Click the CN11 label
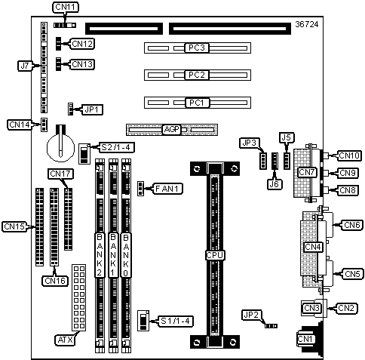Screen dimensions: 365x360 (66, 7)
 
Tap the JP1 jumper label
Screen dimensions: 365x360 (91, 109)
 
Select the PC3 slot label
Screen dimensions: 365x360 (197, 48)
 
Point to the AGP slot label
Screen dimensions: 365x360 (172, 130)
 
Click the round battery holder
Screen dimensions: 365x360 (60, 147)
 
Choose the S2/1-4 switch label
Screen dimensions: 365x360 (115, 147)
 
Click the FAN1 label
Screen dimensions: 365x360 (168, 189)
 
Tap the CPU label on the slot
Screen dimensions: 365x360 (215, 255)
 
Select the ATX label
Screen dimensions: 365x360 (65, 340)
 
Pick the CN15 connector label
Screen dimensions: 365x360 (15, 226)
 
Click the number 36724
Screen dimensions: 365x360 (307, 24)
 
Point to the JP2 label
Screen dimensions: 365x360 (251, 315)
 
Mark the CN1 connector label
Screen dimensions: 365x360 (305, 339)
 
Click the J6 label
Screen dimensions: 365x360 (275, 184)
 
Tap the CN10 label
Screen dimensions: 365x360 (350, 155)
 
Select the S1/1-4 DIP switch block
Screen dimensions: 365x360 (143, 321)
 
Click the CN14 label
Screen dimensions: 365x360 (20, 125)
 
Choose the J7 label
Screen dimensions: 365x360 (25, 66)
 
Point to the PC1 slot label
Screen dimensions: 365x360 (197, 103)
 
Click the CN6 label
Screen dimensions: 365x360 (351, 225)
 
